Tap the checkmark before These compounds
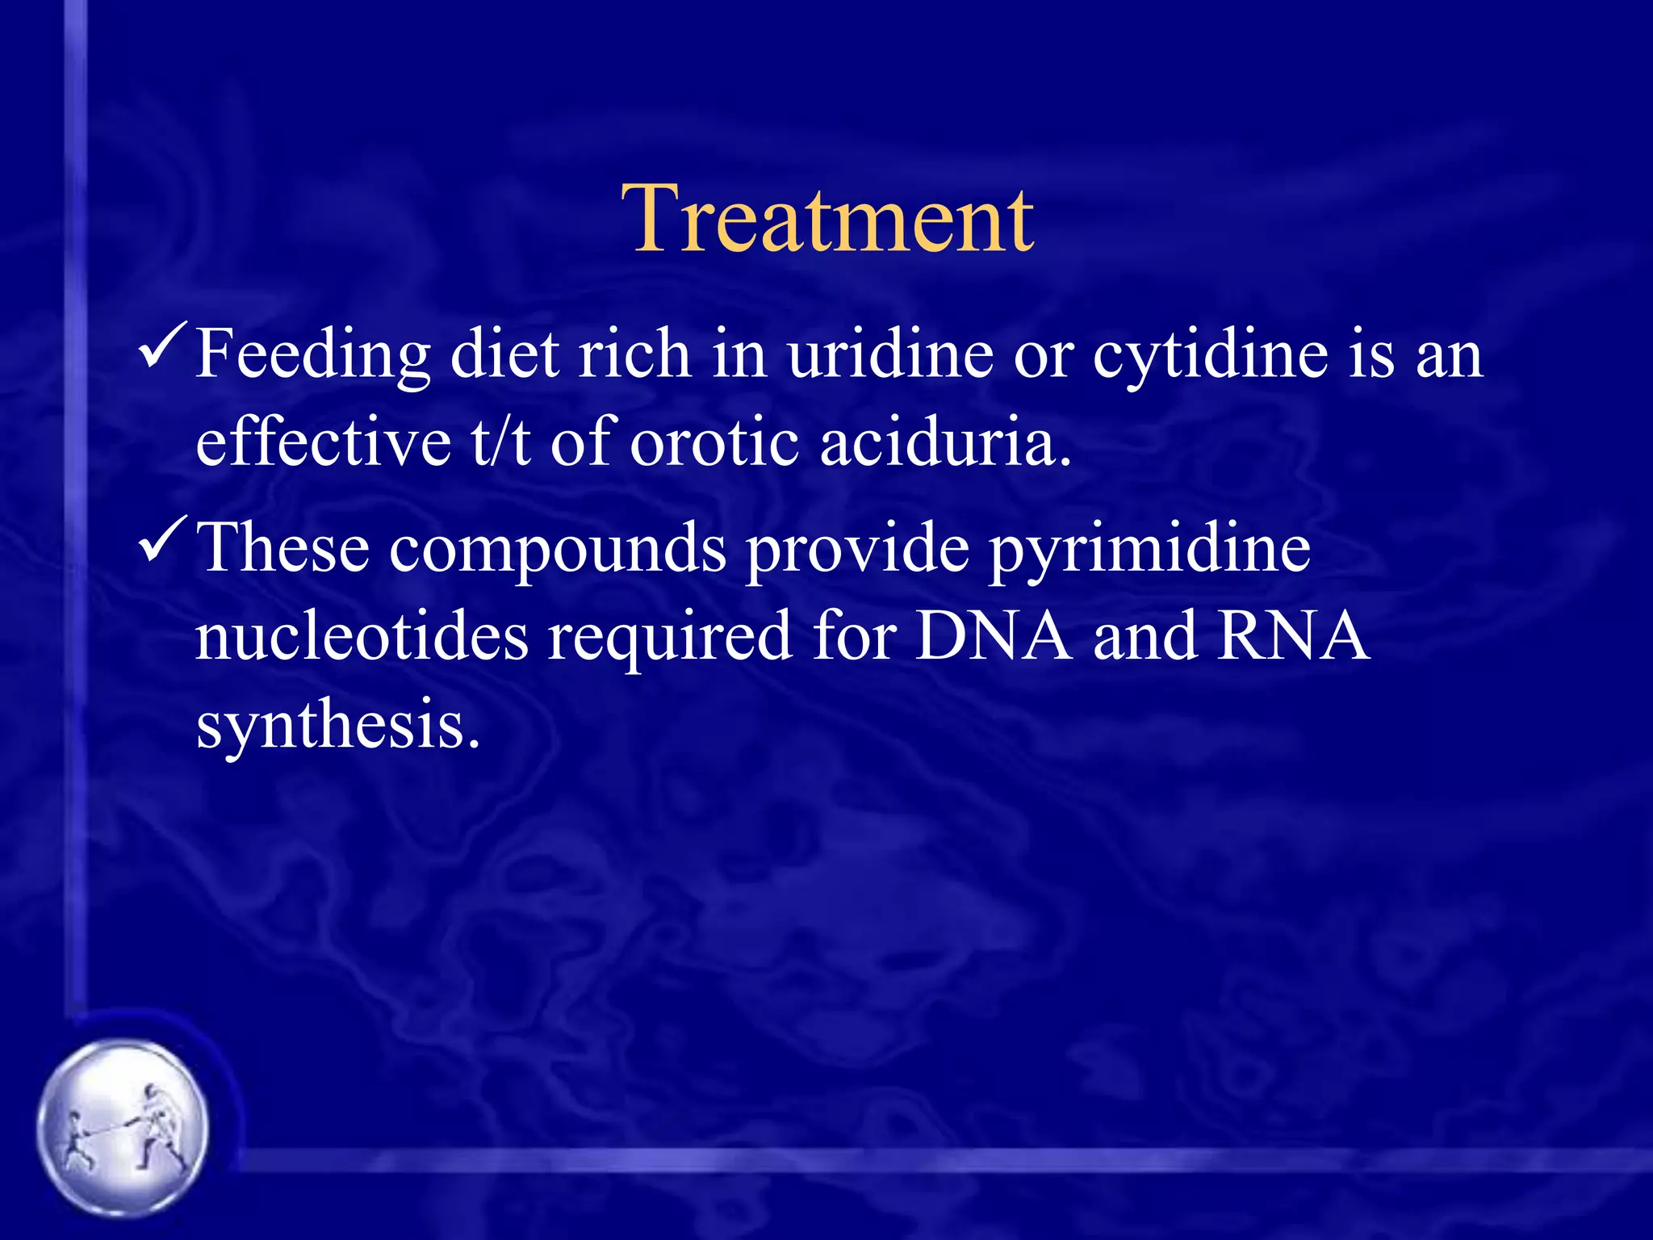tap(164, 538)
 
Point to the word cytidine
tap(1210, 355)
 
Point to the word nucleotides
tap(362, 636)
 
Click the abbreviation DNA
tap(994, 636)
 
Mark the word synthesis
tap(337, 725)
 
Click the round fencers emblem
tap(123, 1128)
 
